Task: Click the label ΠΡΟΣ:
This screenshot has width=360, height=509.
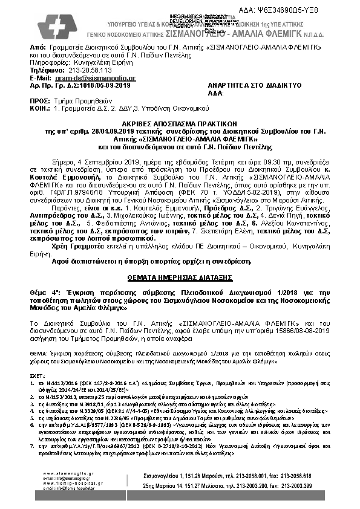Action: click(x=41, y=102)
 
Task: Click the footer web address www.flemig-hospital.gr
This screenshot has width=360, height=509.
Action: click(x=62, y=482)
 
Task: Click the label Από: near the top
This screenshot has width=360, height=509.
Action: click(x=37, y=47)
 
